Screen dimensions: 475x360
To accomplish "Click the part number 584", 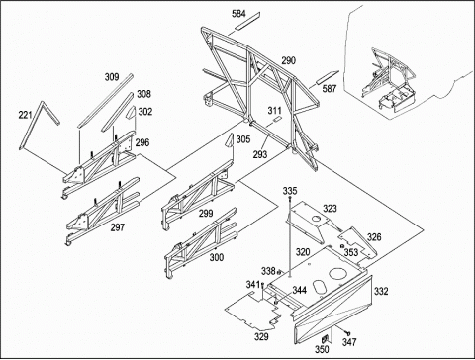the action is point(238,14).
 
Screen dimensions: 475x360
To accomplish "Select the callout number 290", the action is point(289,60).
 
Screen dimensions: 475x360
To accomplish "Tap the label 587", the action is point(330,88).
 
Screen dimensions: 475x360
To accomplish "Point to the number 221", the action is point(25,115).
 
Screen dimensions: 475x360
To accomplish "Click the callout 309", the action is point(112,77).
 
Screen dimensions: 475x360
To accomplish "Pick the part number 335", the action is point(290,191).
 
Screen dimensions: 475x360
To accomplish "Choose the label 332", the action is point(381,291).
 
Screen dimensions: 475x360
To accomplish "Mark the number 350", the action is point(322,349).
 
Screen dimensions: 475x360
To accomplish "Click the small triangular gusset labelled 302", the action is point(132,113).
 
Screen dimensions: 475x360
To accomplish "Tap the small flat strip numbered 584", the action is point(247,21).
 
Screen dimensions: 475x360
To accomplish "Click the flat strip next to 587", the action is point(328,77).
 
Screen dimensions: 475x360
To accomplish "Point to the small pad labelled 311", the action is point(277,119).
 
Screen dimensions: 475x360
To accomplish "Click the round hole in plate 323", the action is point(316,219).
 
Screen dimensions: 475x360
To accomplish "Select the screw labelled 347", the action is point(347,333).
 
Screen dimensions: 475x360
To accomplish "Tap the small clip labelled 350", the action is point(326,338).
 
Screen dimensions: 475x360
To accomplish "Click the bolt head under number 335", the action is point(290,198).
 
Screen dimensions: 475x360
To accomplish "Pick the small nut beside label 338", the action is point(279,272).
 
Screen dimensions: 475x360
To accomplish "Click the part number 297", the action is point(118,227).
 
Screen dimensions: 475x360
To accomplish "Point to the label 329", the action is point(261,336).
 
